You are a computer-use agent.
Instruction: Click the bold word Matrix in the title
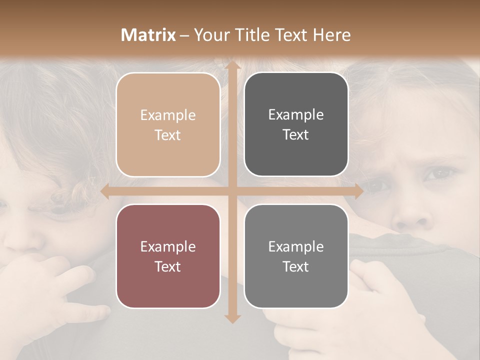click(x=148, y=35)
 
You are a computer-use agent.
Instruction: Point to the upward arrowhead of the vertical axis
click(x=232, y=65)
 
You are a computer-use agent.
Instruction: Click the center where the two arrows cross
click(x=232, y=191)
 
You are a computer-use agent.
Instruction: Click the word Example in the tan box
click(x=168, y=115)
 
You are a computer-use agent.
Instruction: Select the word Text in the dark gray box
click(x=296, y=135)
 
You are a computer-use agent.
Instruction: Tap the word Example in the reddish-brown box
click(x=168, y=247)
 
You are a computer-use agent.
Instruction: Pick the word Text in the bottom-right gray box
click(x=296, y=267)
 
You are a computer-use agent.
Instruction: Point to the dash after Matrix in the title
click(x=184, y=35)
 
